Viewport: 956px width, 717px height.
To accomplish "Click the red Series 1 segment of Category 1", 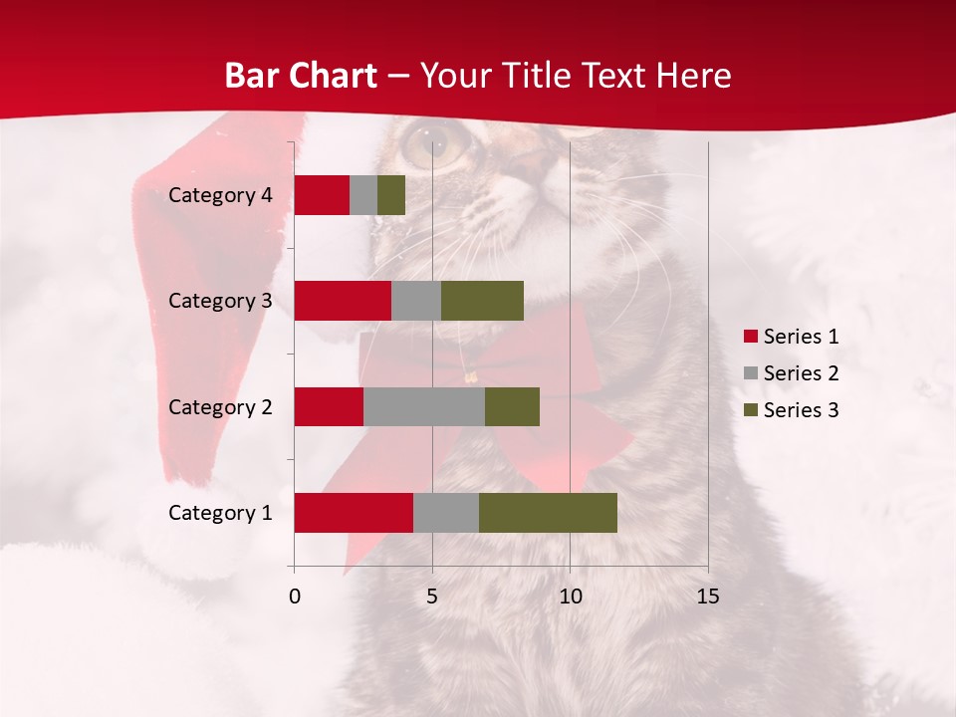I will [x=354, y=513].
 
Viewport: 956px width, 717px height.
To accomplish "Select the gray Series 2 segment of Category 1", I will [x=446, y=513].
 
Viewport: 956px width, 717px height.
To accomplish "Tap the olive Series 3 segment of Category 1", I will [x=548, y=513].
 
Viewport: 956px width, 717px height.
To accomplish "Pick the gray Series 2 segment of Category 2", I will [x=424, y=406].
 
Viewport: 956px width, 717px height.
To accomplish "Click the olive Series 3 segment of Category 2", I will [x=512, y=406].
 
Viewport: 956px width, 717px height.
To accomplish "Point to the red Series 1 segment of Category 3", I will [x=343, y=301].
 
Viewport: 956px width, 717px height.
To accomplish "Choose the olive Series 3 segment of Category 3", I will [x=482, y=301].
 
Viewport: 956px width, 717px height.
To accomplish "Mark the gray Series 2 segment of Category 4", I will [x=363, y=195].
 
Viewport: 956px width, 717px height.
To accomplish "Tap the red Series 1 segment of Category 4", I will [x=322, y=195].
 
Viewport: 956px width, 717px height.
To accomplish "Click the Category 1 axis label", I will [x=220, y=513].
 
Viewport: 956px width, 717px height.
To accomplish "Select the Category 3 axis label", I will [x=220, y=301].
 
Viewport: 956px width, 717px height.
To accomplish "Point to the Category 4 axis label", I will [x=220, y=195].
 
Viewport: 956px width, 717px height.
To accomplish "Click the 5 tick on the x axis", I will [x=432, y=597].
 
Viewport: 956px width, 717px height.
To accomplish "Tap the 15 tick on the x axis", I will [x=708, y=597].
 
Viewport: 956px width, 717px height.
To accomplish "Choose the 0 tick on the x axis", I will [x=295, y=597].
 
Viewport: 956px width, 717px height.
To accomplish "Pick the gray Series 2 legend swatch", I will [x=751, y=373].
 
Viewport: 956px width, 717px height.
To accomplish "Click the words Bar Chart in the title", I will [x=301, y=76].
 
